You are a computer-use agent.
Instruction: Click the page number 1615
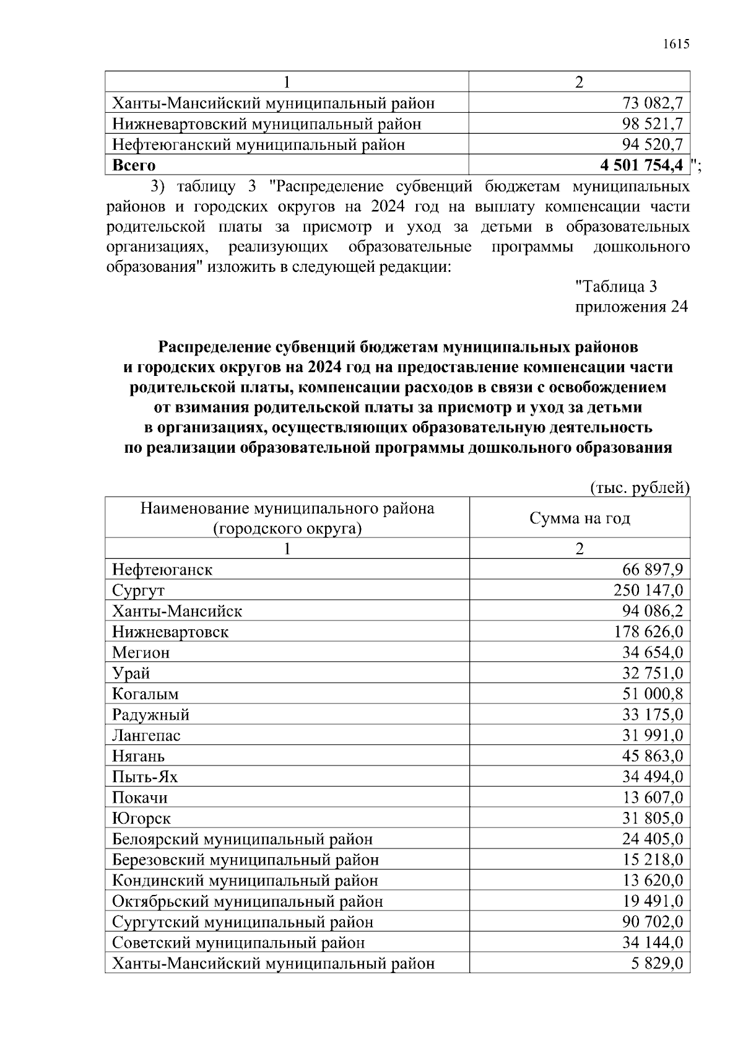(676, 45)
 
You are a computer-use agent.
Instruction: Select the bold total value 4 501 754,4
(641, 165)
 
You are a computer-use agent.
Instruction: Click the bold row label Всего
(134, 165)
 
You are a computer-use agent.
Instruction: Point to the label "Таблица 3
(616, 287)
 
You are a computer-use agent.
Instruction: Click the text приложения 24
(632, 307)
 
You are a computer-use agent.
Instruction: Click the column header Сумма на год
(580, 518)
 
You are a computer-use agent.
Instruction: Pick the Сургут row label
(138, 590)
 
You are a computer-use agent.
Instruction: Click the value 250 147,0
(648, 590)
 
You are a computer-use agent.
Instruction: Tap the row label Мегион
(141, 653)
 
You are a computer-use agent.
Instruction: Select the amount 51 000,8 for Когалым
(652, 694)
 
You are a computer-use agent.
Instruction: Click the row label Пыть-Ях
(145, 777)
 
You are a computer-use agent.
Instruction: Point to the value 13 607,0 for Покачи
(652, 798)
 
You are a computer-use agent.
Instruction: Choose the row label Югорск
(141, 818)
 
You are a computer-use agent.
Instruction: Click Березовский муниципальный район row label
(245, 860)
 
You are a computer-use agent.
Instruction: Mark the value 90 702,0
(652, 922)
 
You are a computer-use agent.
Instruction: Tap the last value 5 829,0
(657, 964)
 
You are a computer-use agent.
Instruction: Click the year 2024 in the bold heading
(326, 368)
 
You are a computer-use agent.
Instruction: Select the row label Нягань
(138, 756)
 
